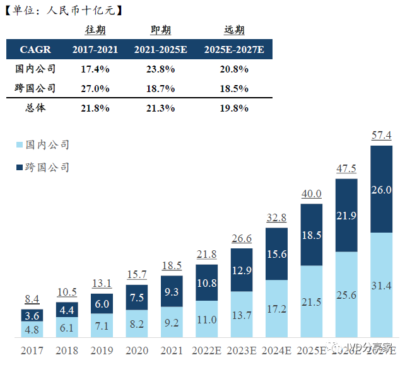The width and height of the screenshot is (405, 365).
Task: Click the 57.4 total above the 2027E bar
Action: [x=381, y=136]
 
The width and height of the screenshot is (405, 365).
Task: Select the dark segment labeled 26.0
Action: [x=381, y=189]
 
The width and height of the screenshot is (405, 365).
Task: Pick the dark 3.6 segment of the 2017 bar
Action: [x=32, y=315]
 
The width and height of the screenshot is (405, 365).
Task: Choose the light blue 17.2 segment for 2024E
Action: [x=276, y=310]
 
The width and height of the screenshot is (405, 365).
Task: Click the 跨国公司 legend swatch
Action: [x=18, y=168]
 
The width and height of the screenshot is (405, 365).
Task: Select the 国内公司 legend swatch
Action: [x=18, y=145]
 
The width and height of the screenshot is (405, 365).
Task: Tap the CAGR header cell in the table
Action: [x=35, y=49]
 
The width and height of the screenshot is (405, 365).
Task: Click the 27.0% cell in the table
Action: [x=95, y=88]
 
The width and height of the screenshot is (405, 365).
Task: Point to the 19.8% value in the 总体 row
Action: [x=235, y=108]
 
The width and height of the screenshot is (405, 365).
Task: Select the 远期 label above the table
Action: [x=234, y=30]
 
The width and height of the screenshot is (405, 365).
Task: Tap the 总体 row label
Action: [x=35, y=108]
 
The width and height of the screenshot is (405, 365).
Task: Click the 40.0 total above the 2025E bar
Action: [x=311, y=194]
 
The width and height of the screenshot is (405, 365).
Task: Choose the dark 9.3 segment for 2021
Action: [x=172, y=291]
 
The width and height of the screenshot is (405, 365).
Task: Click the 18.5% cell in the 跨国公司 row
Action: [x=235, y=88]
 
